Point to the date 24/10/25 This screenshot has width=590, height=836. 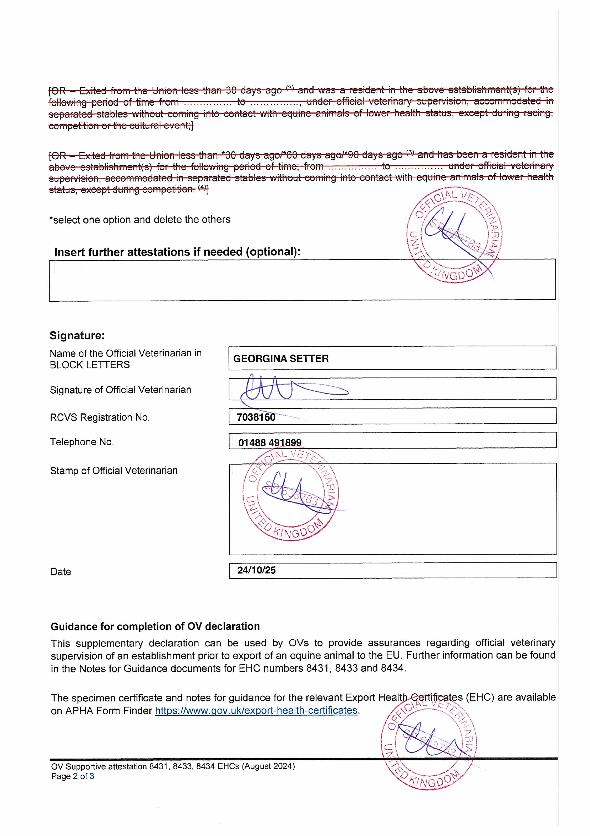[x=257, y=570]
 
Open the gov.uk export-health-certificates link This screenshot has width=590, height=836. [x=256, y=710]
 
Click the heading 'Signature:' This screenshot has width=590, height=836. [x=77, y=335]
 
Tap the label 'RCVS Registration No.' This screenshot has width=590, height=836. [x=100, y=417]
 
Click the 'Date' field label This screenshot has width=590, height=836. [x=61, y=572]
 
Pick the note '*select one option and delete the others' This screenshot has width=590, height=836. [x=140, y=220]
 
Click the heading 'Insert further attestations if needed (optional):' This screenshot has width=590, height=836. [x=177, y=252]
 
